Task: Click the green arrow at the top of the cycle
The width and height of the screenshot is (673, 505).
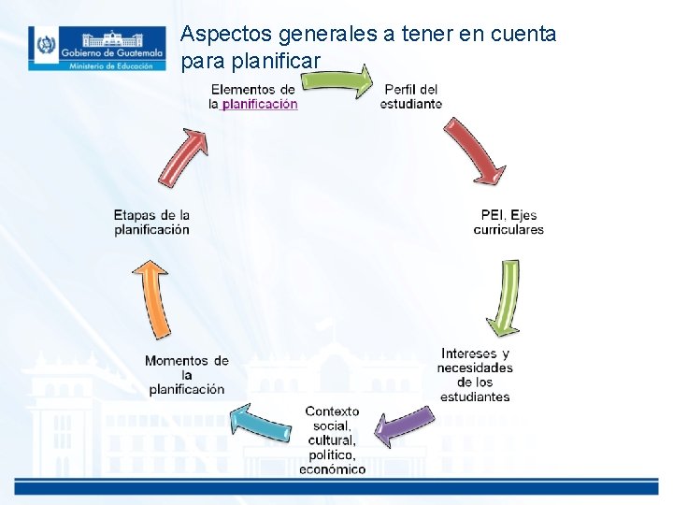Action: [337, 81]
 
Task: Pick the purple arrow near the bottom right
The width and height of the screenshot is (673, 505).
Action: [404, 426]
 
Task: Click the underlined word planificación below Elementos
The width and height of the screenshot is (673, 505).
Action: [260, 105]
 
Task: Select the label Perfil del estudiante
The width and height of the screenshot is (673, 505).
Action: [411, 96]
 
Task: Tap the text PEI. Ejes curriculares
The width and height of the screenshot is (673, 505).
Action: [508, 222]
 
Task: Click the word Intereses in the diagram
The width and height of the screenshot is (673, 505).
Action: [468, 354]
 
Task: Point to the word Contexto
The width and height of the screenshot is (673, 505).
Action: [332, 411]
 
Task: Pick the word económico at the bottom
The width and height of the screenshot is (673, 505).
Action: [332, 469]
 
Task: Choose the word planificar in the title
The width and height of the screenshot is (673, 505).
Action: [278, 61]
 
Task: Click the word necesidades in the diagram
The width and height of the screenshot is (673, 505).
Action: [475, 368]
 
